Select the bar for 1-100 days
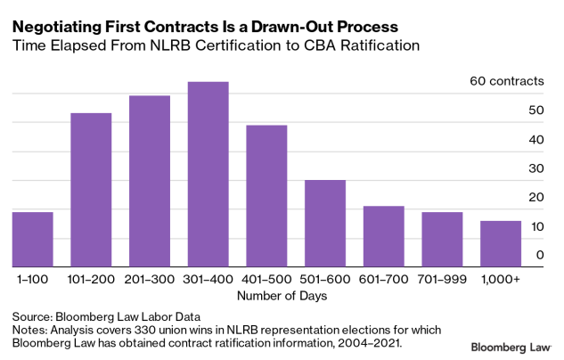tap(33, 239)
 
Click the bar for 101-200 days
tap(91, 190)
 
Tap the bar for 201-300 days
tap(150, 181)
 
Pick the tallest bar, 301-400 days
tap(208, 175)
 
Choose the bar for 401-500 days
tap(266, 196)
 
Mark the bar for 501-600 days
tap(325, 223)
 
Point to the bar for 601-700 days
tap(384, 236)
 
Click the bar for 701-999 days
tap(442, 239)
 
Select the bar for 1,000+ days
tap(501, 243)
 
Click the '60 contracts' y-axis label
tap(506, 81)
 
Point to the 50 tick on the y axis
tap(535, 110)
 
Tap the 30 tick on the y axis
tap(535, 168)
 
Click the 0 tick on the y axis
tap(539, 255)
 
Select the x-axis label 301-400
tap(208, 279)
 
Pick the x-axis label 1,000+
tap(501, 279)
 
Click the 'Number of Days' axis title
tap(267, 295)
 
